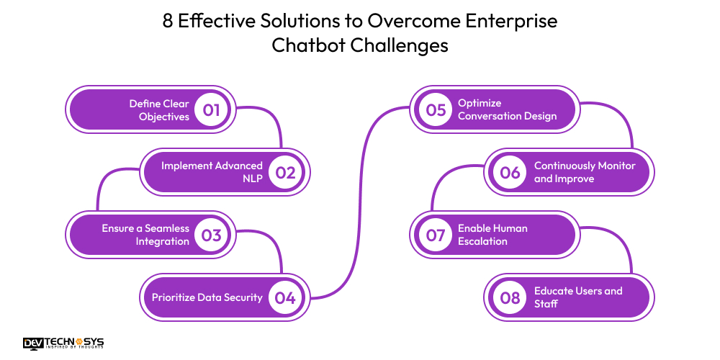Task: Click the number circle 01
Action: tap(211, 110)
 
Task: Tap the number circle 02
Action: tap(286, 173)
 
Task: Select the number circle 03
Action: tap(211, 235)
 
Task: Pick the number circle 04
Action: tap(286, 297)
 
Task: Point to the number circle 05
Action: tap(436, 110)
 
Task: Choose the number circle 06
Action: tap(510, 173)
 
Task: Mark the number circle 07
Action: tap(436, 235)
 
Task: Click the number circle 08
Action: tap(510, 297)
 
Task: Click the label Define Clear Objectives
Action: tap(159, 110)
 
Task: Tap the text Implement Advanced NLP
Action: tap(212, 172)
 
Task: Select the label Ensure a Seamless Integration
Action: tap(145, 235)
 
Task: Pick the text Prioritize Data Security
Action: tap(207, 297)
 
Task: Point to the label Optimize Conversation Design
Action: tap(507, 110)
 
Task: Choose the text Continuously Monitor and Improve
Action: tap(585, 172)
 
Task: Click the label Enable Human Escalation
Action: tap(492, 235)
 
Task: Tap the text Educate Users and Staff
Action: tap(577, 297)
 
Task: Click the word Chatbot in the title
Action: tap(309, 45)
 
